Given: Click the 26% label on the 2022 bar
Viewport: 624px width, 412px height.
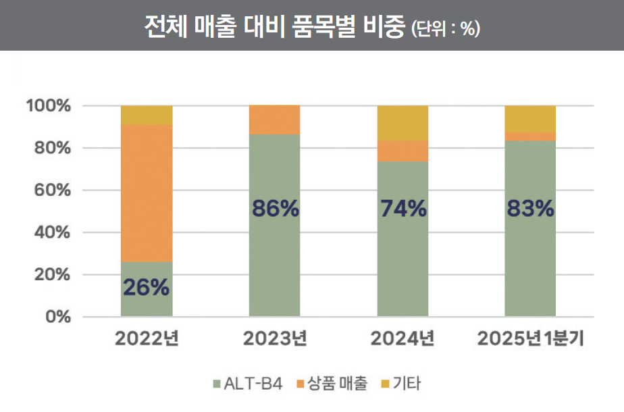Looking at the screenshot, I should tap(146, 288).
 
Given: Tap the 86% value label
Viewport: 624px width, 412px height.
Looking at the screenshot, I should tap(275, 209).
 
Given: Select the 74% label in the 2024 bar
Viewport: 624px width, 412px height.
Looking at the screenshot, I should tap(403, 209).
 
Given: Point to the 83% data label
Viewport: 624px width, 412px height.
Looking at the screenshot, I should tap(530, 209).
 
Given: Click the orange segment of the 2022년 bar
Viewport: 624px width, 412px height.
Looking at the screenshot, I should tap(147, 193).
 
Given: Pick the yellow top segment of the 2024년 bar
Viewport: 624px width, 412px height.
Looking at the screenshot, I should tap(403, 123).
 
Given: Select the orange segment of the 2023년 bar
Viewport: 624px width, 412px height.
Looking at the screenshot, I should tap(275, 120).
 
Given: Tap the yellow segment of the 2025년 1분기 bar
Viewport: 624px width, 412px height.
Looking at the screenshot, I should tap(530, 119).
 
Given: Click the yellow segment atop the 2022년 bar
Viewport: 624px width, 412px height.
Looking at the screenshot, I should tap(147, 115).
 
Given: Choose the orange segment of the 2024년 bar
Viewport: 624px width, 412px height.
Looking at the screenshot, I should tap(403, 151).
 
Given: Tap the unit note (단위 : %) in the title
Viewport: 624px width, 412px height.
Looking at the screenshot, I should tap(445, 28).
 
